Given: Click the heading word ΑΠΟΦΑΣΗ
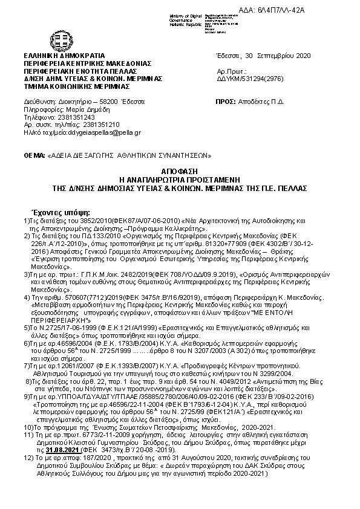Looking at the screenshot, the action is pos(179,172).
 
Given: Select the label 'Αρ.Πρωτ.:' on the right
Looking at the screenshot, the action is pos(231,71).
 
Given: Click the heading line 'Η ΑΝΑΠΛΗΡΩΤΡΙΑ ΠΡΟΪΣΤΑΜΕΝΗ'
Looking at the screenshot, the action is pos(180,180).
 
